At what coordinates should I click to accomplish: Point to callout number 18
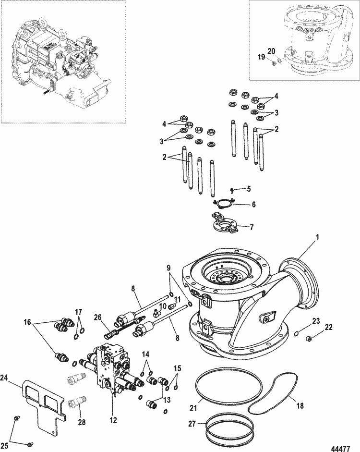[x=300, y=405]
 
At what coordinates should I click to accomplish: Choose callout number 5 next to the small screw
[x=249, y=188]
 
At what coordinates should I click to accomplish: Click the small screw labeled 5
[x=231, y=190]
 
